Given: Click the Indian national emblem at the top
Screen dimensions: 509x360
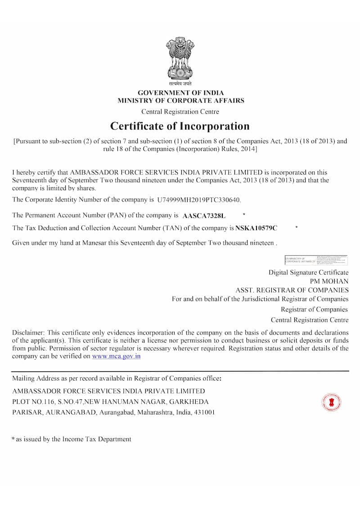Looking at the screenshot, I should (180, 59).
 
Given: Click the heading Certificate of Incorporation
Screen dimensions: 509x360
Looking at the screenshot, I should (180, 126).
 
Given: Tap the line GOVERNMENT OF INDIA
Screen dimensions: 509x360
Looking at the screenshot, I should (180, 93).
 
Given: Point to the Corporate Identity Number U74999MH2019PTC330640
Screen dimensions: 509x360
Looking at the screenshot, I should (199, 199).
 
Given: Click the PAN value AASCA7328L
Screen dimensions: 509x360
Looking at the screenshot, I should (204, 216).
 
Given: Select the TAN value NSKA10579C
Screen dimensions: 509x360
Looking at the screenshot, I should (256, 228).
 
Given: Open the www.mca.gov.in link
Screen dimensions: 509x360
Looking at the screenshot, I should (117, 356).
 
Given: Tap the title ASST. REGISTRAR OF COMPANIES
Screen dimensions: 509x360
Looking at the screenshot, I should (292, 290).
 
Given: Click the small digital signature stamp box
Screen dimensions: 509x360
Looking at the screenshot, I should (316, 260).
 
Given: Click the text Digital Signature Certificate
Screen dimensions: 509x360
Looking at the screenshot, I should (308, 272).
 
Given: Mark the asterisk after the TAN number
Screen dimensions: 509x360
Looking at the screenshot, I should (297, 228).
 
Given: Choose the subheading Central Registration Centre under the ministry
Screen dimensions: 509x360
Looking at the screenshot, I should (180, 112).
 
